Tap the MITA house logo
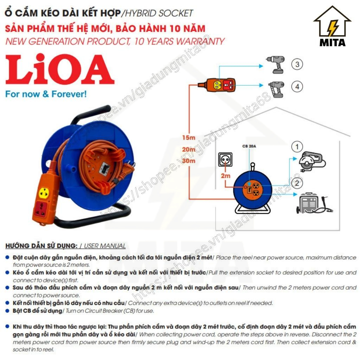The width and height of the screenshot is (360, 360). tap(332, 26)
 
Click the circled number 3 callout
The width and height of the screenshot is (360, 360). tap(297, 64)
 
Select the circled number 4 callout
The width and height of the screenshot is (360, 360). tap(297, 86)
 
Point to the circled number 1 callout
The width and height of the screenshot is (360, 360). tap(297, 147)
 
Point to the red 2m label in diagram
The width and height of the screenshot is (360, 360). tap(225, 175)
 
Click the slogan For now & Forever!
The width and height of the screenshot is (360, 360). tap(46, 94)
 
